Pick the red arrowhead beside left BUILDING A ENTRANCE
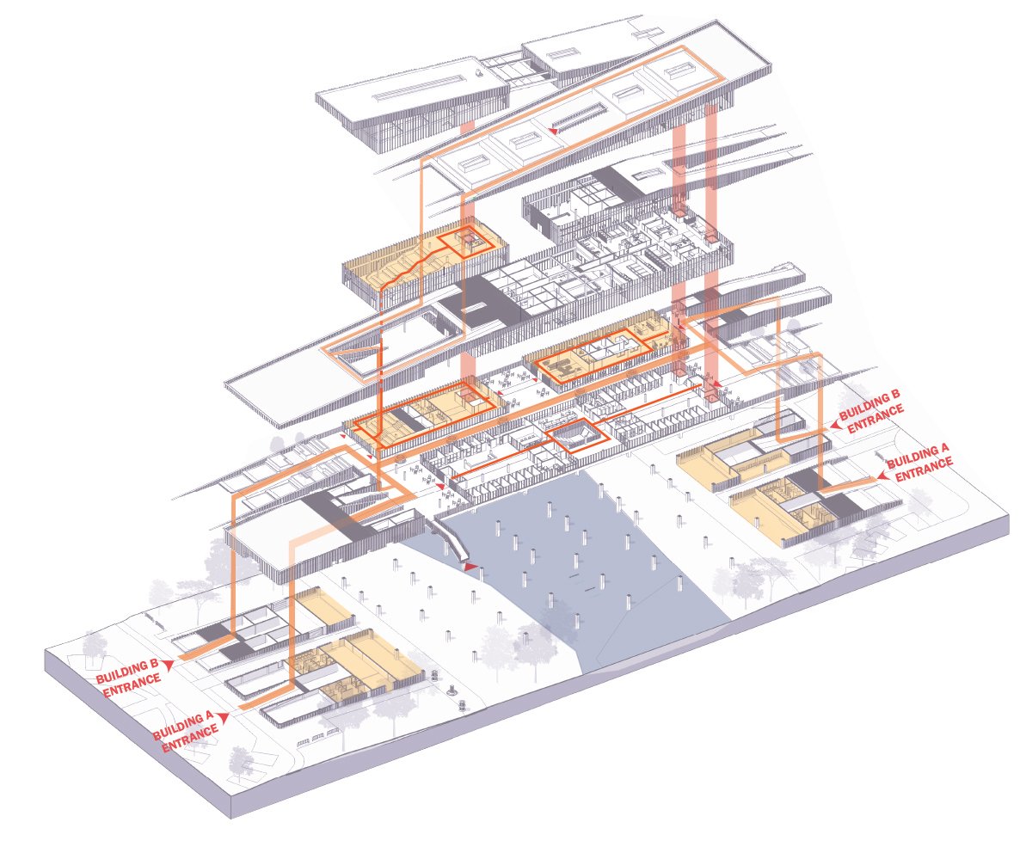224,716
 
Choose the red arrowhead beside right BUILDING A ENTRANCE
882,475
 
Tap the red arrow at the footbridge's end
470,567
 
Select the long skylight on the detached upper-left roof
403,92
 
